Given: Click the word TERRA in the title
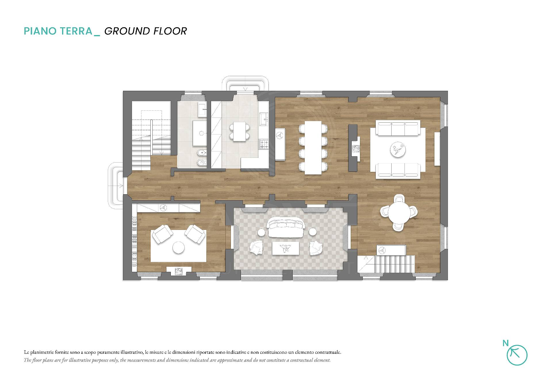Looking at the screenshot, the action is pyautogui.click(x=75, y=31).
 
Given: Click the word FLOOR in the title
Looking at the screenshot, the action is pyautogui.click(x=170, y=31).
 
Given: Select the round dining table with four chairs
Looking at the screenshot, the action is pyautogui.click(x=398, y=212).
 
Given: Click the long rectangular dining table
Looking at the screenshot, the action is pyautogui.click(x=313, y=147).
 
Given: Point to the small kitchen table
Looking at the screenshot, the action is pyautogui.click(x=239, y=131).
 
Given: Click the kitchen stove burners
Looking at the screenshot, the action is pyautogui.click(x=264, y=144).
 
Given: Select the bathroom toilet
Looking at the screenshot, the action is pyautogui.click(x=202, y=163).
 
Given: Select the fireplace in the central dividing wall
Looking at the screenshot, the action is pyautogui.click(x=356, y=149).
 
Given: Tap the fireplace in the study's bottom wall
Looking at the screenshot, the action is pyautogui.click(x=179, y=271).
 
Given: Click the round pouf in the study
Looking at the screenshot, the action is pyautogui.click(x=179, y=248).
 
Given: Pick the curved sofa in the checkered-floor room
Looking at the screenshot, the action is pyautogui.click(x=286, y=227).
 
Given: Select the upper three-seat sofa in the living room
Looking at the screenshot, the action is pyautogui.click(x=398, y=128).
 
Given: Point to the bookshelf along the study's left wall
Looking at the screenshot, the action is pyautogui.click(x=134, y=242).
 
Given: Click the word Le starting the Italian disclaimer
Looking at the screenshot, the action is pyautogui.click(x=26, y=352).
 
